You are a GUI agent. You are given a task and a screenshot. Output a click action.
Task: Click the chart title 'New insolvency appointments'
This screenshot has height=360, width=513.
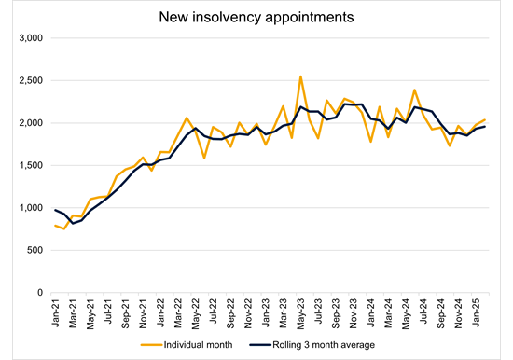256,17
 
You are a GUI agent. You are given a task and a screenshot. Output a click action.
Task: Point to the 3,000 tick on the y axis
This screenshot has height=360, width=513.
31,38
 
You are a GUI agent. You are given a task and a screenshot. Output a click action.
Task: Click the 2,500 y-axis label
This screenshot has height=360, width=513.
31,81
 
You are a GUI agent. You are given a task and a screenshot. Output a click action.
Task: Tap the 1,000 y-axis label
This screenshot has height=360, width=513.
31,208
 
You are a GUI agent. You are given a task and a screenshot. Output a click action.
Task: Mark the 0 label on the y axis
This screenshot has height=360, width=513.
40,293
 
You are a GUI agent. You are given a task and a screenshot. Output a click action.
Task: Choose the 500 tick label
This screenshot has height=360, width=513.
35,250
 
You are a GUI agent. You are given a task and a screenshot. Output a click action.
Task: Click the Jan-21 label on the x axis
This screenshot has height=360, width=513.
56,311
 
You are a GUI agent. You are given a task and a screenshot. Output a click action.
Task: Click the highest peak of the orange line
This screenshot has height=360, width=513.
300,76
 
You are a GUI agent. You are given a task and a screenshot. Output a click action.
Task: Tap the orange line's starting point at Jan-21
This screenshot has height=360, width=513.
55,225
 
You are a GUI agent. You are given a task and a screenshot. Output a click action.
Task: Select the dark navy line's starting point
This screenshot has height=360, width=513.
55,210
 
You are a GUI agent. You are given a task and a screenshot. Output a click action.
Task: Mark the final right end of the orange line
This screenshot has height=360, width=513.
485,119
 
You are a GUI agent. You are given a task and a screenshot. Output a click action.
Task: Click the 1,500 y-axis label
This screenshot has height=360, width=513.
31,165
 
